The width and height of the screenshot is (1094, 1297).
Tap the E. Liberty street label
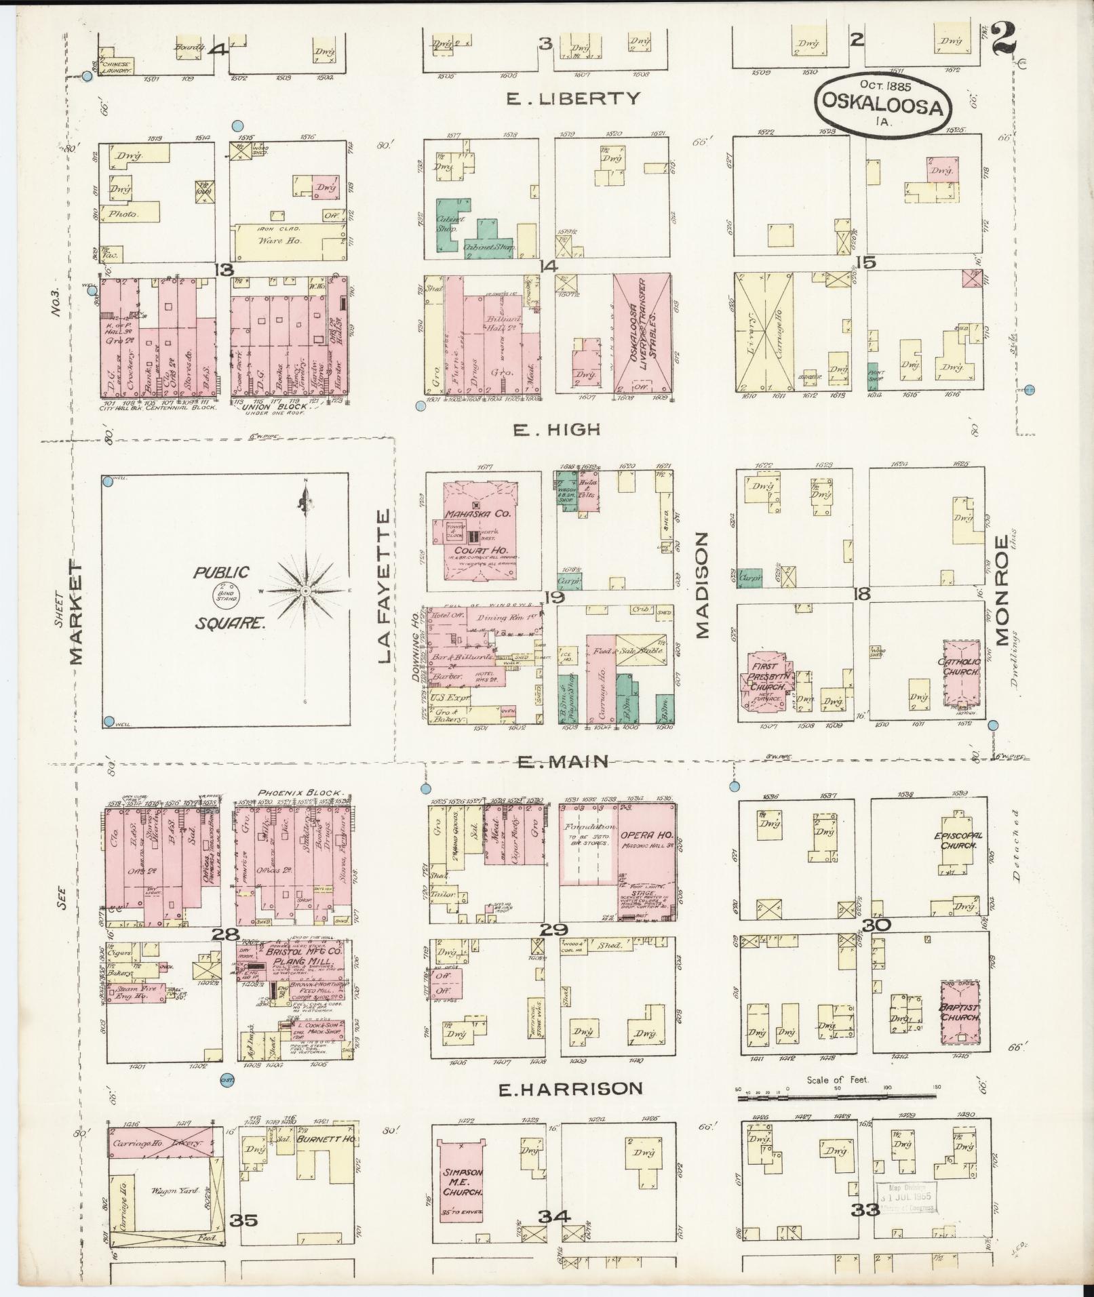point(573,98)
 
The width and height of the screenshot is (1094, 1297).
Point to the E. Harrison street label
point(570,1090)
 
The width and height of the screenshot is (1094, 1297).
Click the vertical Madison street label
point(701,584)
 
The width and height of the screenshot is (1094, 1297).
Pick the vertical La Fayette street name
point(384,586)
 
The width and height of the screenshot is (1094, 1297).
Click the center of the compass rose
point(305,591)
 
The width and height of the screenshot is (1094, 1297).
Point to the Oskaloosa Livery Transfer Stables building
point(642,333)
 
